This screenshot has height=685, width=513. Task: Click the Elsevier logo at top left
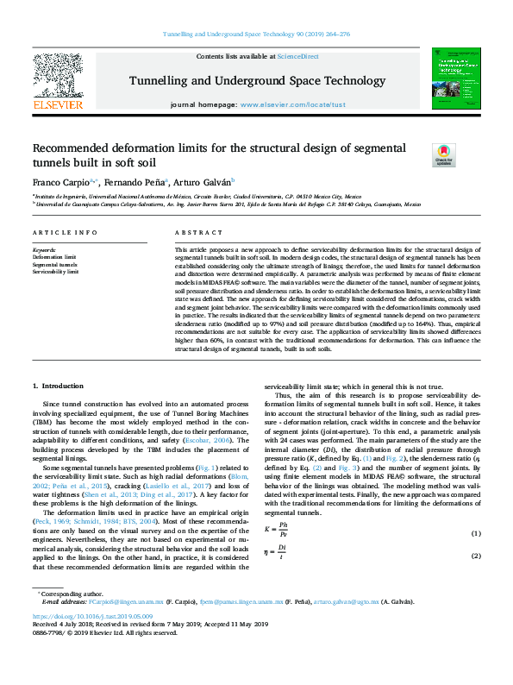pyautogui.click(x=57, y=80)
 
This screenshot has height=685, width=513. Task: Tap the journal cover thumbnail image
pyautogui.click(x=455, y=79)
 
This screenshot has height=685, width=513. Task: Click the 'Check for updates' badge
pyautogui.click(x=419, y=155)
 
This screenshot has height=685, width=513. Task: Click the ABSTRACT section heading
pyautogui.click(x=192, y=234)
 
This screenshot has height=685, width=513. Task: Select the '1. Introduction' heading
pyautogui.click(x=58, y=385)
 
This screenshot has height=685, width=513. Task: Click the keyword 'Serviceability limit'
pyautogui.click(x=55, y=271)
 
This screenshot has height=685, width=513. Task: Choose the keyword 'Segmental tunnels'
pyautogui.click(x=53, y=264)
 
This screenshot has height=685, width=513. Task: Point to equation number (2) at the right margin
pyautogui.click(x=474, y=556)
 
